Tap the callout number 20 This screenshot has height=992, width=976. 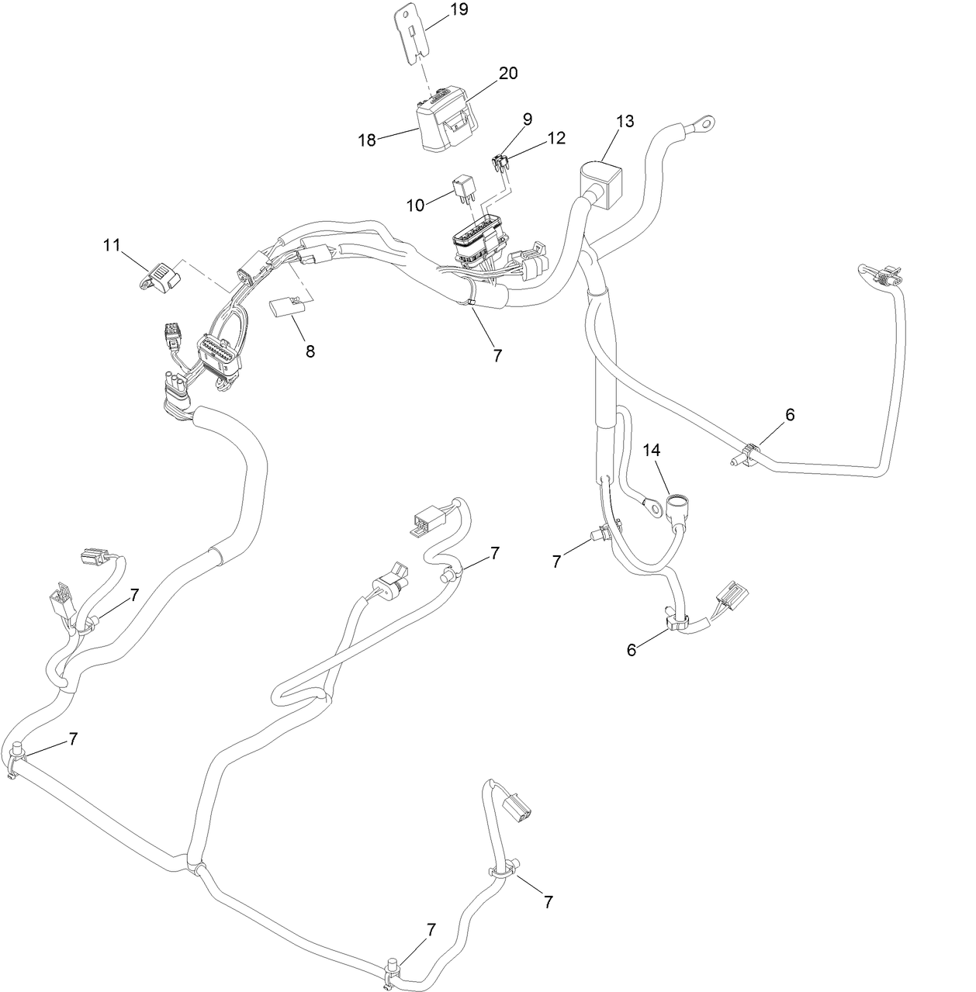pos(508,73)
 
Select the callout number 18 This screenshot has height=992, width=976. pos(367,140)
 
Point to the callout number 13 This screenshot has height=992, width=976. pos(625,121)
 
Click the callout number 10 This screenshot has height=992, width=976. pos(416,205)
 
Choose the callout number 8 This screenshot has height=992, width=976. pos(310,351)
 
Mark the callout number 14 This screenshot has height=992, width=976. pos(652,449)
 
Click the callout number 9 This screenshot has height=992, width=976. pos(528,119)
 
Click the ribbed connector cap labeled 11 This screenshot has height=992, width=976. pos(158,276)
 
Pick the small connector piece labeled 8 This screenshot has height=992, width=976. pos(284,309)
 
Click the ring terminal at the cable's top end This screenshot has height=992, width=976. pos(704,122)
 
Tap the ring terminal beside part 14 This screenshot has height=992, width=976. pos(652,507)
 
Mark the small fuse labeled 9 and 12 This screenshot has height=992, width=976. pos(500,164)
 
